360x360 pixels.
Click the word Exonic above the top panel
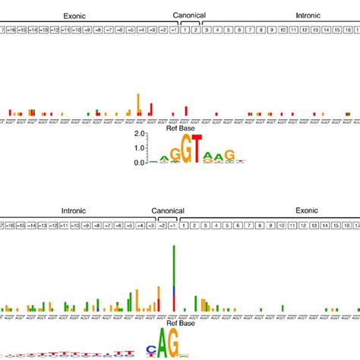tap(74, 14)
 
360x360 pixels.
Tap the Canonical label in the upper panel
tap(189, 14)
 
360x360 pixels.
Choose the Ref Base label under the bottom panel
tap(176, 323)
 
